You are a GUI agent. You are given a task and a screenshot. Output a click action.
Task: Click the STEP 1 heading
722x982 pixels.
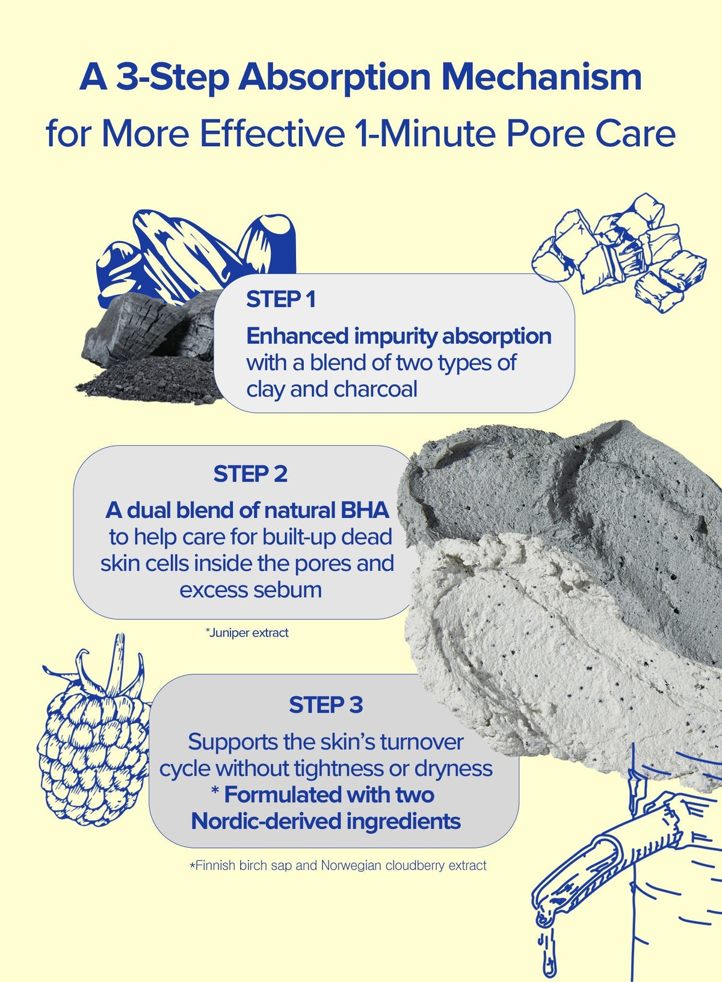(x=280, y=300)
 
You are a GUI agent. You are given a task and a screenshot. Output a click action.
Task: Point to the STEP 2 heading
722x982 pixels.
(x=250, y=474)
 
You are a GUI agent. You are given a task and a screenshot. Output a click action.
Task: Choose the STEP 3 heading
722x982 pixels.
(x=326, y=705)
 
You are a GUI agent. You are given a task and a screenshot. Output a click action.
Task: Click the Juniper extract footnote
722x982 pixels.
(x=247, y=633)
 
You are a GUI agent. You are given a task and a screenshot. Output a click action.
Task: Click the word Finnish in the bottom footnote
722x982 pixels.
(x=214, y=866)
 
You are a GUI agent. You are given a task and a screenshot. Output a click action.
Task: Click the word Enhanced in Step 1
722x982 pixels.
(x=297, y=336)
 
